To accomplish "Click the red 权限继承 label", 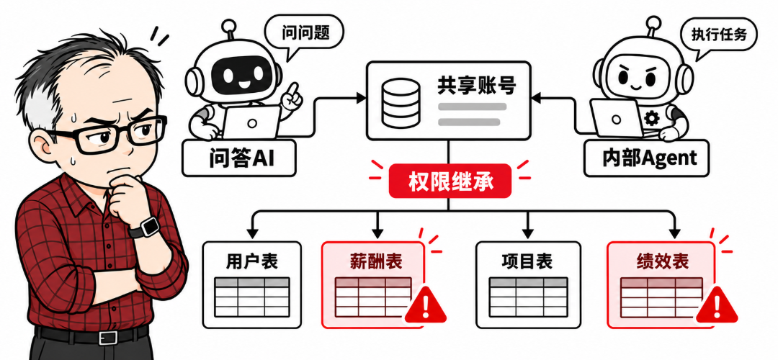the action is [x=450, y=181].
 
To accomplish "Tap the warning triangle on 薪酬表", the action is [x=425, y=305].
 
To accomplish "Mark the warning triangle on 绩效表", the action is [x=717, y=305].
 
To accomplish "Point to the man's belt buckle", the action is [x=107, y=337].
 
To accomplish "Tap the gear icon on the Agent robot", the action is [x=651, y=118].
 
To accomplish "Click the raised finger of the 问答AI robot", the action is [x=294, y=91].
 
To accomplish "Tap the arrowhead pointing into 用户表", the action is [x=251, y=232].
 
